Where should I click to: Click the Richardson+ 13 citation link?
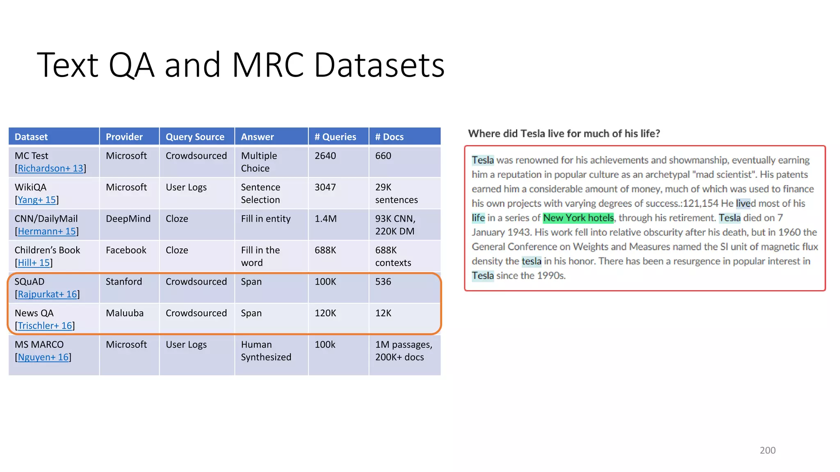(50, 168)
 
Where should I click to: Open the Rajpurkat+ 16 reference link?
(47, 294)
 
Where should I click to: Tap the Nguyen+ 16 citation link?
(43, 357)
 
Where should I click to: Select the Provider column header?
(124, 137)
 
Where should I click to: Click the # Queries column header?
(335, 137)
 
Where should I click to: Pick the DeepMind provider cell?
(128, 219)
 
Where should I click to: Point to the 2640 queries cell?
(325, 156)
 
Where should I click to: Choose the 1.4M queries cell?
(326, 219)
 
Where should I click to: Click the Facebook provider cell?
(126, 250)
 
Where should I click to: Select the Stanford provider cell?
(124, 281)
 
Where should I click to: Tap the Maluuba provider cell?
(125, 313)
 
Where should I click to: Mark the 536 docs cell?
(383, 281)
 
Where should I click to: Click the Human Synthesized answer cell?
(266, 351)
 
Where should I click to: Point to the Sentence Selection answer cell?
(260, 193)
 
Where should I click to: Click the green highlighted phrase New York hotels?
(578, 218)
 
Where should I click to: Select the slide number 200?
(767, 450)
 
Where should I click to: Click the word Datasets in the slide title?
(379, 65)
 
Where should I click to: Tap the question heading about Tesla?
(564, 134)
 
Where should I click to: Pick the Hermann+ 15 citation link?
(47, 231)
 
